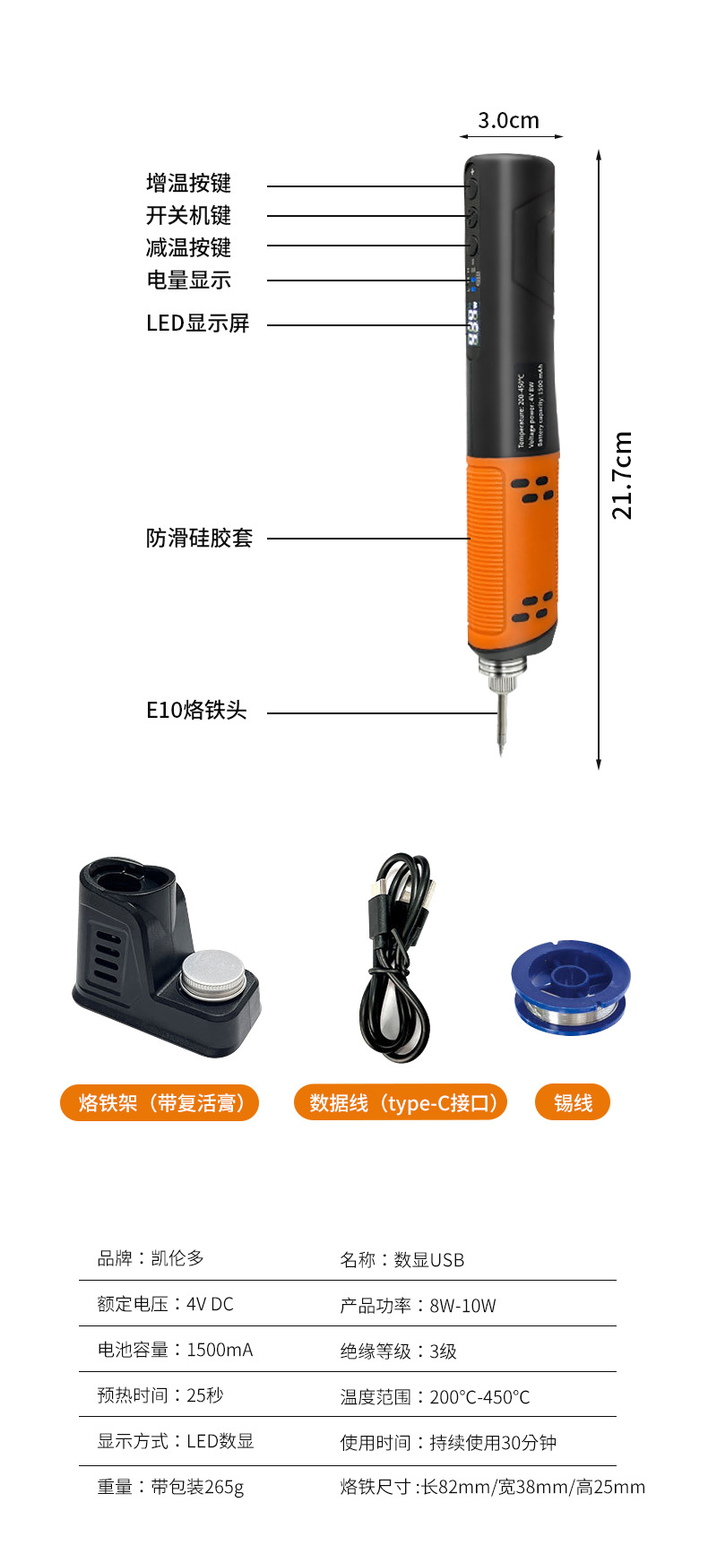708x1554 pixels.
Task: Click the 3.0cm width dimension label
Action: click(x=508, y=120)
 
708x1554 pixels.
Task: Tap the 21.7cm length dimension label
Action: click(x=622, y=475)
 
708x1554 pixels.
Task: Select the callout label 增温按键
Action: click(x=188, y=184)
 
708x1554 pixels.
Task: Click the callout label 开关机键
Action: click(x=188, y=216)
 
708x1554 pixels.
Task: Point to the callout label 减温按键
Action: click(x=188, y=248)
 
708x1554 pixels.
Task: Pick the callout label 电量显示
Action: click(x=188, y=281)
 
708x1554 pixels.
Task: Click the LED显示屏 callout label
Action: click(x=197, y=324)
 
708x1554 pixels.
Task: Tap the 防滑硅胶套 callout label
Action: click(x=199, y=539)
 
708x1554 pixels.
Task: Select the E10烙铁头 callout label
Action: click(x=196, y=711)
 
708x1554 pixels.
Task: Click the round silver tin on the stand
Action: click(x=213, y=973)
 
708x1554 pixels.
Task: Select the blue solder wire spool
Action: click(x=570, y=987)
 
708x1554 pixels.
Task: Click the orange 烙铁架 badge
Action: click(x=160, y=1102)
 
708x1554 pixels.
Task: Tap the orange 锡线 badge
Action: click(x=573, y=1102)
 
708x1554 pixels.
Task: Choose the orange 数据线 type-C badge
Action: click(x=401, y=1102)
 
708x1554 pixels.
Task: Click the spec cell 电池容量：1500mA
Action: click(x=175, y=1350)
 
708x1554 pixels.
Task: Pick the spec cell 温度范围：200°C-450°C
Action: click(x=435, y=1397)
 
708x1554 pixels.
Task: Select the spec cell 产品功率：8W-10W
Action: click(x=418, y=1306)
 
